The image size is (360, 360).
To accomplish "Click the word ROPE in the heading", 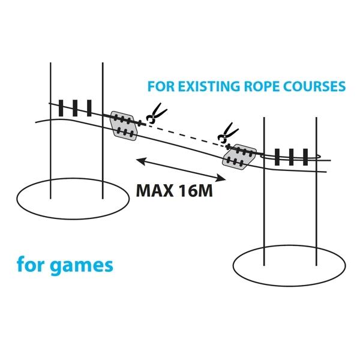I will [265, 86].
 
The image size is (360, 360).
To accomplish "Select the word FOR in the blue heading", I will [160, 86].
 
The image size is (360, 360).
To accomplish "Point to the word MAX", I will [156, 191].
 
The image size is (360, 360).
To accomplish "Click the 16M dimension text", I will [196, 191].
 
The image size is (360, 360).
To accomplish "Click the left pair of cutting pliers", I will [155, 114].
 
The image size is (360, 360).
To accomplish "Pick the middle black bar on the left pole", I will [77, 109].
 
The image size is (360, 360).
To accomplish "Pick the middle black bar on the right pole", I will [291, 157].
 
